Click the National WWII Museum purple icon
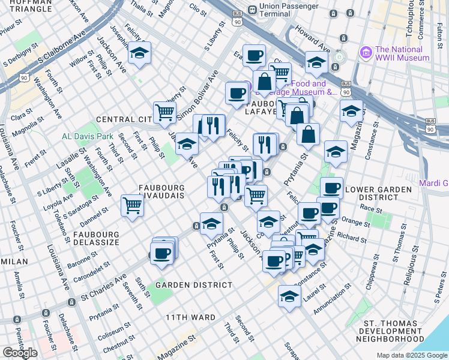tap(366, 53)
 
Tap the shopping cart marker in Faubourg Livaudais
tap(132, 205)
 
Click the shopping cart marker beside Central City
tap(164, 112)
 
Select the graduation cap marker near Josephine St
tap(139, 53)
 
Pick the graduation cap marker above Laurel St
tap(289, 296)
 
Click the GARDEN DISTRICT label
tap(193, 285)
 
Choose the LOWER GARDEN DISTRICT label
tap(385, 193)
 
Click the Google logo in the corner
tap(20, 352)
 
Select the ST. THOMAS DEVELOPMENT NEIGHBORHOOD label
tap(394, 331)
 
